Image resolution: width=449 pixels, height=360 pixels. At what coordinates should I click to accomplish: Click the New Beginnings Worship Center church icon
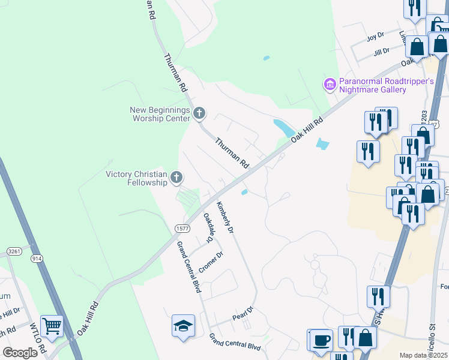point(199,112)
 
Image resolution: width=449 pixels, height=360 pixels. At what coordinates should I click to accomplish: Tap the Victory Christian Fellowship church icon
point(176,177)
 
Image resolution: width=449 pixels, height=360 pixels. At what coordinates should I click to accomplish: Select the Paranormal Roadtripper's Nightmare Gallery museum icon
point(330,85)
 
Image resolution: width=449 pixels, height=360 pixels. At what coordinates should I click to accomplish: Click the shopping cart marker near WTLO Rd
point(52,326)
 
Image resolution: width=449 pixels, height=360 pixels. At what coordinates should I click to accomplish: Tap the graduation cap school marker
point(183,326)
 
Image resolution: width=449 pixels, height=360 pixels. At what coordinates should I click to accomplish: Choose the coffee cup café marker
point(322,340)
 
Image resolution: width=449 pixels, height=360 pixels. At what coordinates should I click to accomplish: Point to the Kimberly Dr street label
point(225,217)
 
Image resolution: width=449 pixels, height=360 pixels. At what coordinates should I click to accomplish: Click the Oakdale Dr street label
point(209,227)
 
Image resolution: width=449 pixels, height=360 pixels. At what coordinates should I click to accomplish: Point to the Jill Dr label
point(381,52)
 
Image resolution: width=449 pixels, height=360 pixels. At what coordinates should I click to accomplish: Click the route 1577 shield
point(182,229)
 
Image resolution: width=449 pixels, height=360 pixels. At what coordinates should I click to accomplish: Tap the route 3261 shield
point(14,250)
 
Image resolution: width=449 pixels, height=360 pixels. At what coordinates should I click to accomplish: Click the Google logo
point(20,353)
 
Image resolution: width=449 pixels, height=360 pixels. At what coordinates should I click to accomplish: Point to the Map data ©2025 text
point(423,355)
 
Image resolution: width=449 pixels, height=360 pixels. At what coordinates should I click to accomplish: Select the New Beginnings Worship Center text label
point(160,114)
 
